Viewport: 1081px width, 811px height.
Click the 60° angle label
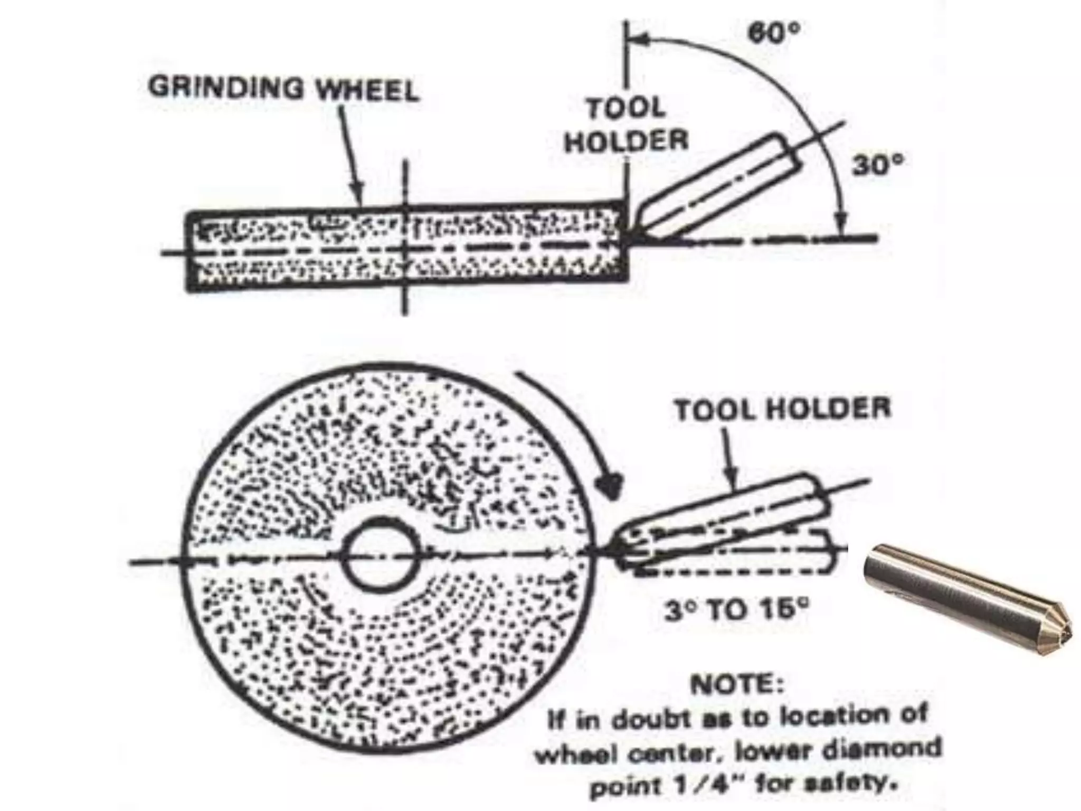(774, 33)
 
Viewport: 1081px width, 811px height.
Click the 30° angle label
(877, 165)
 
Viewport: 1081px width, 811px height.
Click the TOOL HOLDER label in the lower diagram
(783, 409)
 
